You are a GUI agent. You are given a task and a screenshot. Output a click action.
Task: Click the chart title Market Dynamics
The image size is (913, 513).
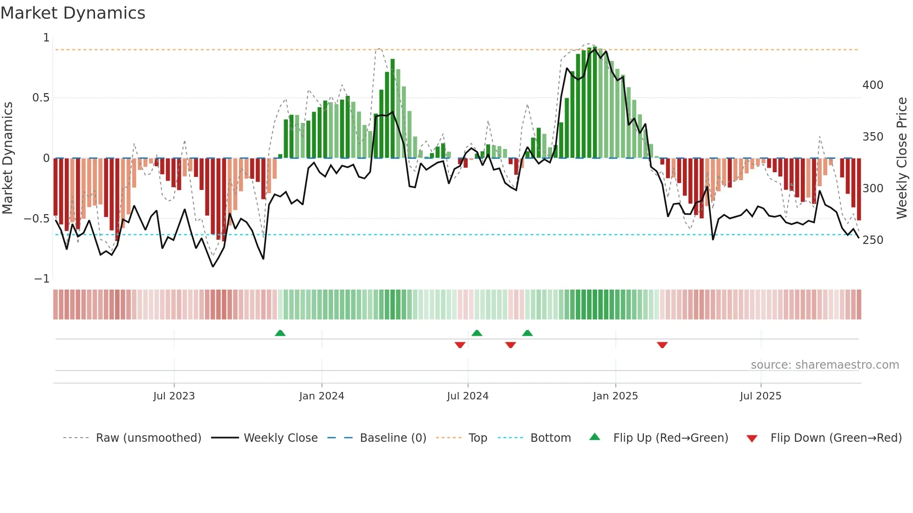tap(73, 13)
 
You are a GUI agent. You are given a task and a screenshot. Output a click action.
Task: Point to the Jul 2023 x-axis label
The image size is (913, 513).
tap(174, 396)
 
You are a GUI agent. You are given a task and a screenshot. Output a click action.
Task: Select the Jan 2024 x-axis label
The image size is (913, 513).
tap(321, 396)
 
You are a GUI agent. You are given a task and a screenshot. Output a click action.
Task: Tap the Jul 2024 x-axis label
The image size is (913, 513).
tap(468, 396)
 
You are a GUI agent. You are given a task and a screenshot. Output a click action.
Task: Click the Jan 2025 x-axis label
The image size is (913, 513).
tap(615, 396)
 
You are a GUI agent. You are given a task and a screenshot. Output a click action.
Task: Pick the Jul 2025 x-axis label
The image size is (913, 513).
tap(761, 396)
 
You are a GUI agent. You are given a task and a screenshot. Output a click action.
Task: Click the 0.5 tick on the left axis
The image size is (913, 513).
tap(41, 98)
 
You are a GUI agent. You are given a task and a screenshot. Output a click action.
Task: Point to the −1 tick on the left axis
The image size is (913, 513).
tap(41, 279)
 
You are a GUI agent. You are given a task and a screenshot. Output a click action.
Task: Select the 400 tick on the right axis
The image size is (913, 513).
tap(873, 85)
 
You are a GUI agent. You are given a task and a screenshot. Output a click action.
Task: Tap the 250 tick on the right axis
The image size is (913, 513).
tap(873, 240)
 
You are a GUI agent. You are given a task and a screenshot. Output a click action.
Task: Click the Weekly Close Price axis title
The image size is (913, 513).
tap(902, 158)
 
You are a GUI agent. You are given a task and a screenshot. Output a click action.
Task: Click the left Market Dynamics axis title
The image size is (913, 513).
tap(7, 158)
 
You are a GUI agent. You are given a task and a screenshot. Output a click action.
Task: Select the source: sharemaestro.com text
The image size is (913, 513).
tap(824, 365)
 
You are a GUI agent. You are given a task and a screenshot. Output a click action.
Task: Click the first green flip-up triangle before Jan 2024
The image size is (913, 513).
tap(280, 333)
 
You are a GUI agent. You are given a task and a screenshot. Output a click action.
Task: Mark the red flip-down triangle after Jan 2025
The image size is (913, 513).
tap(662, 345)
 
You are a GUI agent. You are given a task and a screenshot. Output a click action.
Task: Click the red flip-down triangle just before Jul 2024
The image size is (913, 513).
tap(460, 345)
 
